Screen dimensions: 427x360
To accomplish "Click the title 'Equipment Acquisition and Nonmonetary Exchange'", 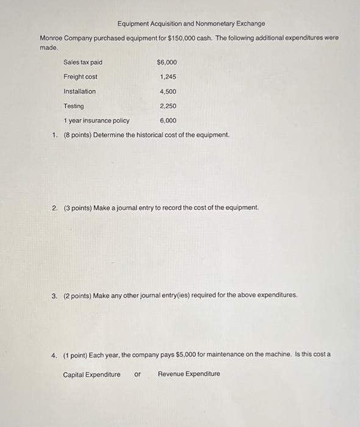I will [191, 24].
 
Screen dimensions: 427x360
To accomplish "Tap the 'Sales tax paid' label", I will [83, 62].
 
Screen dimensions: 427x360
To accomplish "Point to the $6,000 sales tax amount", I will [167, 62].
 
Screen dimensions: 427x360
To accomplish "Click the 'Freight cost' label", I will [81, 77].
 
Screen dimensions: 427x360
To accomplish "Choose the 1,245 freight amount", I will [168, 77].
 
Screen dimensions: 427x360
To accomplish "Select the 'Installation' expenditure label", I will [80, 91].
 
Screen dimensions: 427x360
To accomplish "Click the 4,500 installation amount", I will [168, 91].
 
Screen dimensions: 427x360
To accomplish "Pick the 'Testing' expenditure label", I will [74, 106].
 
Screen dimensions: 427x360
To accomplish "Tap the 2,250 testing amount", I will [168, 106].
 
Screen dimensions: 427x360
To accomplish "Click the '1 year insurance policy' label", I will [96, 121].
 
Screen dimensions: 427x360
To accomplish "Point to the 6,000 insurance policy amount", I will [168, 121].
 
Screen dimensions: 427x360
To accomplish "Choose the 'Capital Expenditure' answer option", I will [92, 375].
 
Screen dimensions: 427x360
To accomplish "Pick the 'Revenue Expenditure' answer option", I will [189, 375].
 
